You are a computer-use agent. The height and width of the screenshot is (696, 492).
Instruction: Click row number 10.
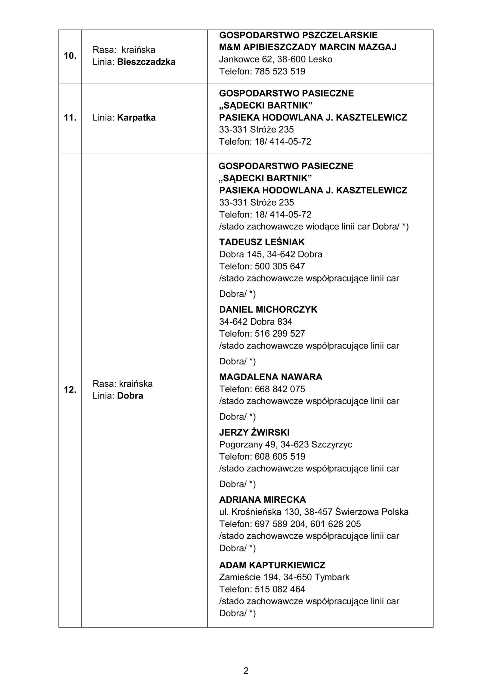[x=70, y=56]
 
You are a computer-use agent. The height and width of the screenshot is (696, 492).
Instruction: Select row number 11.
[x=70, y=118]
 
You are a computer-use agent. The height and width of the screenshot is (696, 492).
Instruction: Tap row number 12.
[x=70, y=390]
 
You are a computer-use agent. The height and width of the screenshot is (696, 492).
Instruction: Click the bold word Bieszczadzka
[x=146, y=62]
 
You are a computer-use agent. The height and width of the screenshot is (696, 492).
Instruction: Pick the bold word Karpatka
[x=136, y=118]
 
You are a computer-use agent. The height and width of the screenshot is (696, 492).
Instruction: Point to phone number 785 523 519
[x=280, y=72]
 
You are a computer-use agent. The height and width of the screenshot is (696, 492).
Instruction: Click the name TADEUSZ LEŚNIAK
[x=262, y=242]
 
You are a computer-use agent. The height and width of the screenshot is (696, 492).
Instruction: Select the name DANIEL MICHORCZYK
[x=268, y=309]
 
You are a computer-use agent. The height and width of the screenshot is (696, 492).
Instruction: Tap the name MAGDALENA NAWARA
[x=271, y=377]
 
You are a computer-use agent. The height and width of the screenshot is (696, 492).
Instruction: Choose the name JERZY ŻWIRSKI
[x=254, y=432]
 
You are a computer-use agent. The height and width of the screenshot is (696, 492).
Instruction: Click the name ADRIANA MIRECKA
[x=262, y=500]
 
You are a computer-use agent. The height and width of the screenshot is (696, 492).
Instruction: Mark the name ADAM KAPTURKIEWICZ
[x=272, y=565]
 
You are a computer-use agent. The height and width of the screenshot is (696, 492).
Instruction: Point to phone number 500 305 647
[x=280, y=266]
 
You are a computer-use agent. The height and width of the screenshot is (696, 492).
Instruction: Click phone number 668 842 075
[x=280, y=389]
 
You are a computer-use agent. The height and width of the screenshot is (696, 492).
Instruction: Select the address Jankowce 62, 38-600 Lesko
[x=276, y=60]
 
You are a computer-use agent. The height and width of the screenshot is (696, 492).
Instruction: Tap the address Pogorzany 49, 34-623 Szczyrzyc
[x=285, y=445]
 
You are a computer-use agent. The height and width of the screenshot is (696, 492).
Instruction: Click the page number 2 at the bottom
[x=246, y=670]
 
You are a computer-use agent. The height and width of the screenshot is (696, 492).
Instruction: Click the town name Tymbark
[x=332, y=577]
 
